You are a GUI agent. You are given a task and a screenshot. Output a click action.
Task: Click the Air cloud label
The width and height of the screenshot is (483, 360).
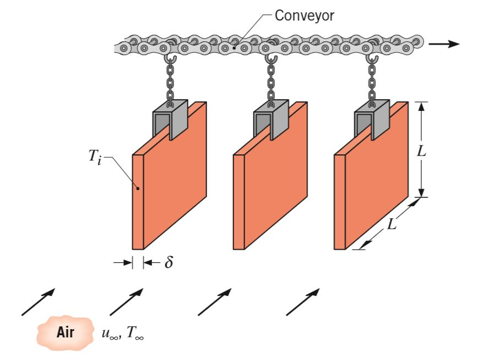(x=66, y=333)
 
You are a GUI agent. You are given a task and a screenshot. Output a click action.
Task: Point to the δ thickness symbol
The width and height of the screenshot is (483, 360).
(x=168, y=263)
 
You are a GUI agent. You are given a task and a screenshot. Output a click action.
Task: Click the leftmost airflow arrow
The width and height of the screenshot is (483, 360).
(x=38, y=301)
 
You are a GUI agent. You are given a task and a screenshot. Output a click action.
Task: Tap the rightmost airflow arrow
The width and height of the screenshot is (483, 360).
(x=303, y=301)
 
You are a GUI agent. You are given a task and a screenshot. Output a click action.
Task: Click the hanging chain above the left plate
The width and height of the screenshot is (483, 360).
(x=171, y=83)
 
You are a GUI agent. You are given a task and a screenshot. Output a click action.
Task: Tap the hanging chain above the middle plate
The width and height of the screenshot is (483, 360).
(x=271, y=83)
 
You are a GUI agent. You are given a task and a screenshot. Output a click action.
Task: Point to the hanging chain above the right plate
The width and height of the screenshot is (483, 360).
(x=373, y=83)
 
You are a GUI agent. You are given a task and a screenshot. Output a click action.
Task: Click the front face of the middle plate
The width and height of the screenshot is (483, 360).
(x=275, y=182)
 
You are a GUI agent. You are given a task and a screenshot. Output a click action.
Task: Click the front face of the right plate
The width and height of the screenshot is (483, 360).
(x=377, y=182)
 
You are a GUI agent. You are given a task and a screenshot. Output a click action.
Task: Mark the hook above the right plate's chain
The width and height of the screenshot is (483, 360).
(x=373, y=58)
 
